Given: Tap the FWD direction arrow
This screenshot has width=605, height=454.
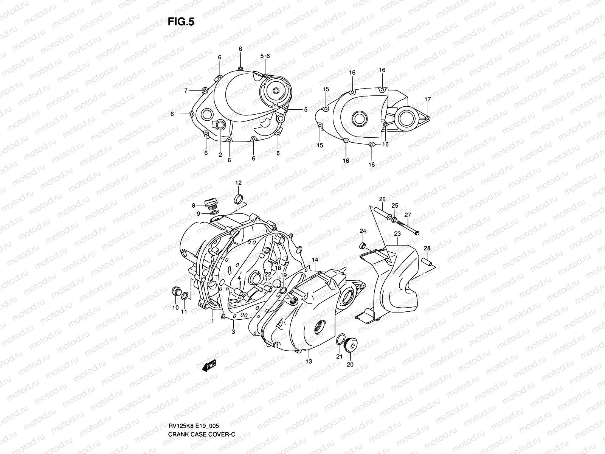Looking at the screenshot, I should pyautogui.click(x=209, y=365).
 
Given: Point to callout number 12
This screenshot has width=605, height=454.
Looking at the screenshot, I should pyautogui.click(x=239, y=183).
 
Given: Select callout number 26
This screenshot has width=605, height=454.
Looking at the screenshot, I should pyautogui.click(x=382, y=199).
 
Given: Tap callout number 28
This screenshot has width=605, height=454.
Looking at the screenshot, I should pyautogui.click(x=427, y=248).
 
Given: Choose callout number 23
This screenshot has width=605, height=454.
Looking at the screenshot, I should pyautogui.click(x=397, y=234).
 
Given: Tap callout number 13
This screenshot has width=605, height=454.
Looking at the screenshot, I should pyautogui.click(x=309, y=361).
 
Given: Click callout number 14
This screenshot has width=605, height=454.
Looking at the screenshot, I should pyautogui.click(x=315, y=260).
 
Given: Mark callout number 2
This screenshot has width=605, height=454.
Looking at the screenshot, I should pyautogui.click(x=220, y=155).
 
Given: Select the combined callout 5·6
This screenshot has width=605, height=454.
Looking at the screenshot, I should pyautogui.click(x=265, y=56).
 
